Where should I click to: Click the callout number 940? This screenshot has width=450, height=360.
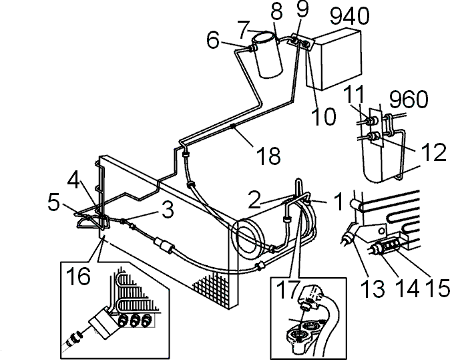(x=350, y=16)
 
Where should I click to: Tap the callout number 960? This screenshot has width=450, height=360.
(x=409, y=100)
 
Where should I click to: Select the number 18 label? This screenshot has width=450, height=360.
(x=270, y=156)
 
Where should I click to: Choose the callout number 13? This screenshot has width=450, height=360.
(x=373, y=288)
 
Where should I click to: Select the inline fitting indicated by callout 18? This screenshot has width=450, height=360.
(x=233, y=126)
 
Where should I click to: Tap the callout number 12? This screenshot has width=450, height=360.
(x=434, y=152)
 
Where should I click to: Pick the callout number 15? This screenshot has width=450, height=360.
(x=438, y=287)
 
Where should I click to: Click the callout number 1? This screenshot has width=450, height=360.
(x=339, y=202)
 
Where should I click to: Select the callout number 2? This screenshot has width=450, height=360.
(x=254, y=200)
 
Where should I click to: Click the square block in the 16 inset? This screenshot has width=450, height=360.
(x=103, y=324)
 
